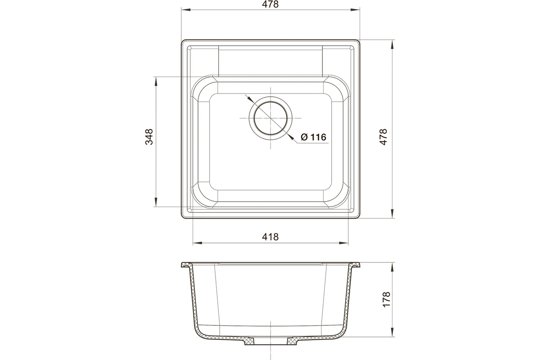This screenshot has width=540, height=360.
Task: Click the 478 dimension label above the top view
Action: pos(270,4)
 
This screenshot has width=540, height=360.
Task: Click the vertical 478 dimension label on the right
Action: pos(383,137)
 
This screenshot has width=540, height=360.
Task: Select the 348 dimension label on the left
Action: pos(149,137)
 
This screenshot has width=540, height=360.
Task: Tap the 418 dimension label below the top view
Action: pos(270,237)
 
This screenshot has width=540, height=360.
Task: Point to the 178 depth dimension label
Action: pos(386,299)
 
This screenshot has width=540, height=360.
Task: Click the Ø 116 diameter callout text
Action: pos(313,137)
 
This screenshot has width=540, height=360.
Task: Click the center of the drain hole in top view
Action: pos(270,118)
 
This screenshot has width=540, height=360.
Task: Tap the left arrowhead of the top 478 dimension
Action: pos(186,10)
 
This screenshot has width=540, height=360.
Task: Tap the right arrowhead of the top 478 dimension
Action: pos(355,10)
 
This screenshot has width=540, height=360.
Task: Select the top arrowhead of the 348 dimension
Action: pos(156,81)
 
